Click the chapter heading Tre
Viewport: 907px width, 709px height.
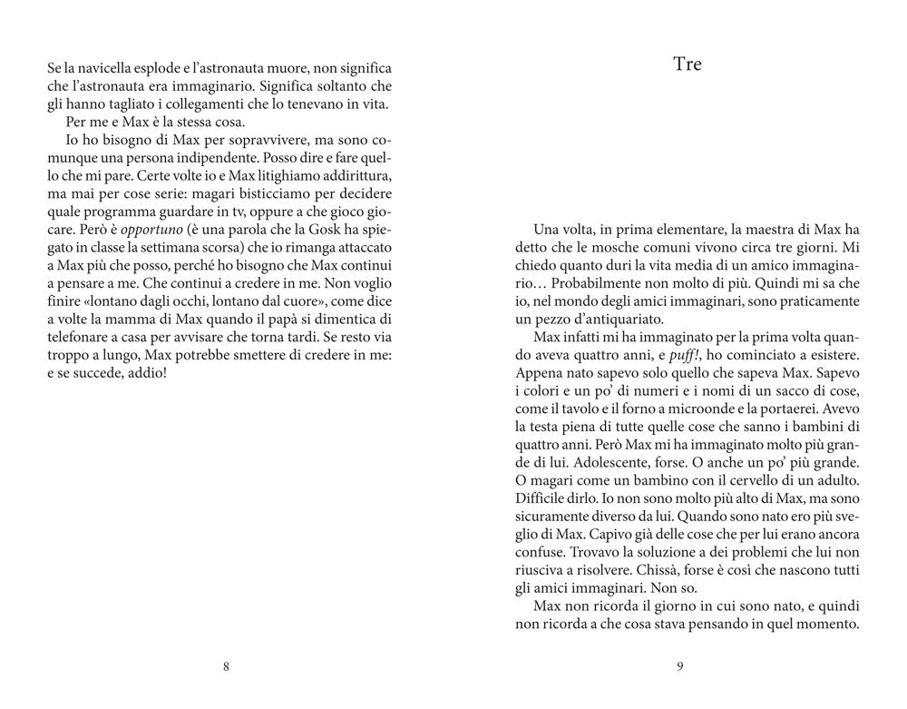(688, 64)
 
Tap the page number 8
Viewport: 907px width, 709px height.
(226, 667)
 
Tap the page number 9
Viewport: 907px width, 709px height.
(679, 667)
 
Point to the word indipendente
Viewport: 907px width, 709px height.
(199, 162)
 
